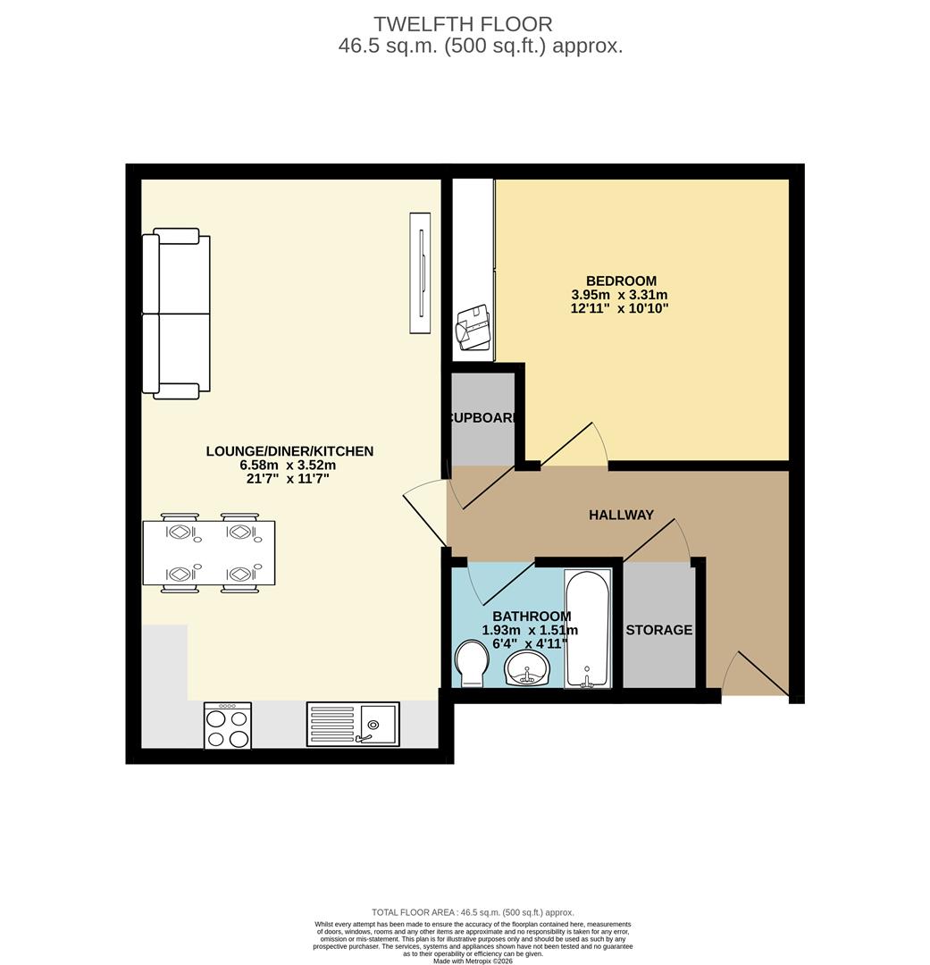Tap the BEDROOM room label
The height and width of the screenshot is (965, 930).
620,281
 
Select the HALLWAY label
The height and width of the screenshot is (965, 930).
621,515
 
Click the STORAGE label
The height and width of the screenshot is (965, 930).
658,630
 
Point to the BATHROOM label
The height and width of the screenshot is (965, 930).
532,616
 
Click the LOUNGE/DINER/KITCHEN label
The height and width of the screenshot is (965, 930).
289,451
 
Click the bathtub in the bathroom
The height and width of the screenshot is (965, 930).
587,629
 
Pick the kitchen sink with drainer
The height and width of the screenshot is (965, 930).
353,724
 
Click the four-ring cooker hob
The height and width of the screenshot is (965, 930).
227,726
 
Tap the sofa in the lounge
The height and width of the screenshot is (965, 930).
175,313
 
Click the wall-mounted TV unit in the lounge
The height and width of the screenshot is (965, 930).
419,273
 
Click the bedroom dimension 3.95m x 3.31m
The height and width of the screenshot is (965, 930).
619,295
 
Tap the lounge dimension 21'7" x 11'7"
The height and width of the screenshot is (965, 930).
289,479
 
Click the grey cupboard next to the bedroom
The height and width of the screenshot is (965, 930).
482,418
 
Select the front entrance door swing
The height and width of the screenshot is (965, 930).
755,675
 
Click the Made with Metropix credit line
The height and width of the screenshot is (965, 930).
473,961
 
